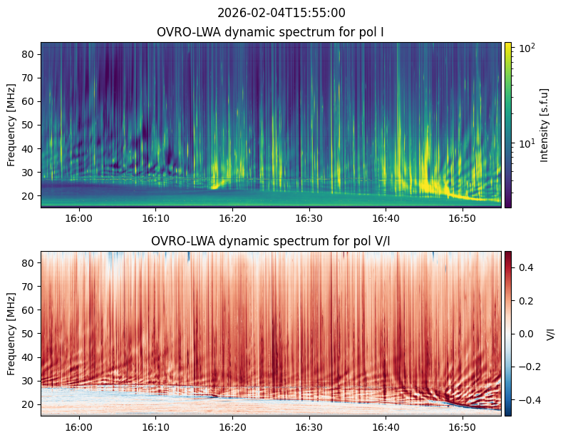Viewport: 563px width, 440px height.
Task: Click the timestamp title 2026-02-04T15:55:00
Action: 281,13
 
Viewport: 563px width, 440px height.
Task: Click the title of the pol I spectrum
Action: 270,32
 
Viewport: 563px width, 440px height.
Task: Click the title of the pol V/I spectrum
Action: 270,241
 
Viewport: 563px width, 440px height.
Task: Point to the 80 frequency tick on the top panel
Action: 29,54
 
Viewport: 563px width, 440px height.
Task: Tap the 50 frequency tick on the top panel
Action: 29,126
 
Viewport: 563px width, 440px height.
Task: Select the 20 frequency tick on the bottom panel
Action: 29,404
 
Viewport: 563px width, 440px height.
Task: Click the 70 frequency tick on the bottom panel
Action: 29,287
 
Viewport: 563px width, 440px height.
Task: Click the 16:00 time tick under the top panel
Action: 79,218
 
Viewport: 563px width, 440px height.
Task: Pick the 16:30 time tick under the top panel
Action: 309,218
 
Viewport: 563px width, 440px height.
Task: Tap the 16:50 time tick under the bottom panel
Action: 463,427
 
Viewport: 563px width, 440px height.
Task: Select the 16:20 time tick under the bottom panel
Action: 232,427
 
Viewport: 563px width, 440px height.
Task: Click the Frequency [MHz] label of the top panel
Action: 11,125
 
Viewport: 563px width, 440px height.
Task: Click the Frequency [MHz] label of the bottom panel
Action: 11,334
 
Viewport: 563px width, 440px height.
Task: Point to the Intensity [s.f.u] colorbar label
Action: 544,125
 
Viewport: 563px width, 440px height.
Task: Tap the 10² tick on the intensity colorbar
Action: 527,48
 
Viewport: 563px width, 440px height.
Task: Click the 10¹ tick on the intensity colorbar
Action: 527,143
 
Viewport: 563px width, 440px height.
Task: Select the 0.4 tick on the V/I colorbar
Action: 526,267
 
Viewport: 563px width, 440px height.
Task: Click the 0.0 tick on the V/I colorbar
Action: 526,334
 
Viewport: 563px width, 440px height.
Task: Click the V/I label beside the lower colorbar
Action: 550,334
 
